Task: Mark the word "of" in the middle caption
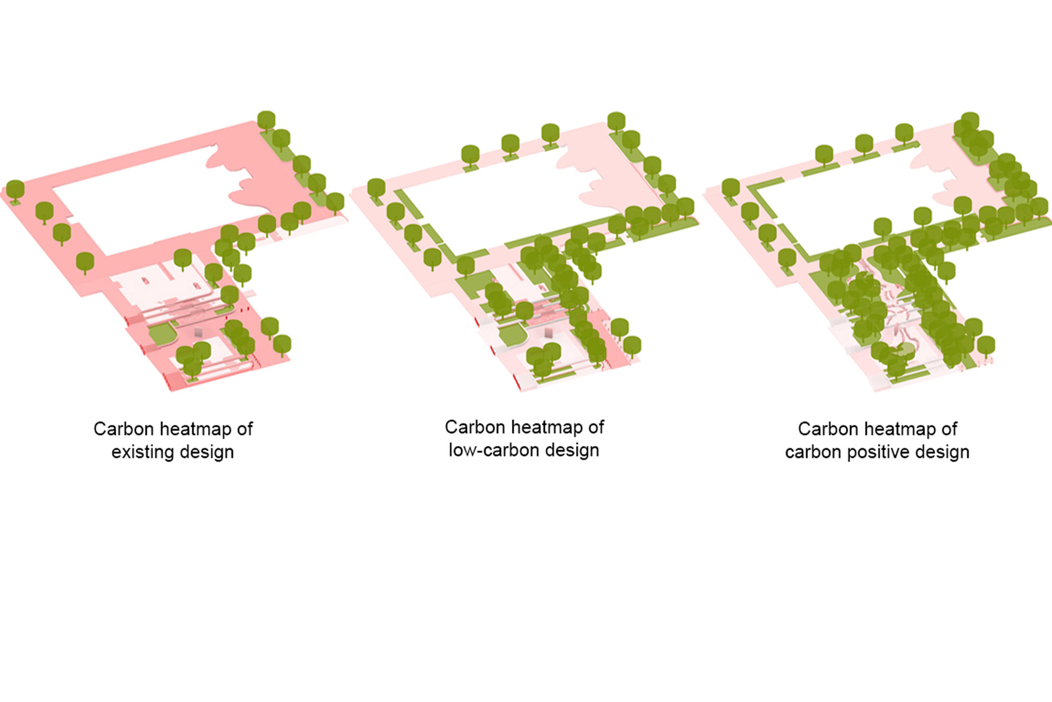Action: [596, 427]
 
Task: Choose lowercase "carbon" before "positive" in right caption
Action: [813, 452]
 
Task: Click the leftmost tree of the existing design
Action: [15, 190]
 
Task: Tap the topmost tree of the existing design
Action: [266, 120]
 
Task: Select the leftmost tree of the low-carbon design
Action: [376, 189]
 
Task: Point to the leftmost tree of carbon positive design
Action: [730, 189]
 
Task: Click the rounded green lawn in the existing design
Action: [160, 334]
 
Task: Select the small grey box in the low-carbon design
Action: [548, 332]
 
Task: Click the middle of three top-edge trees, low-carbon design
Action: [510, 145]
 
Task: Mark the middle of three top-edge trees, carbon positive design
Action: [864, 144]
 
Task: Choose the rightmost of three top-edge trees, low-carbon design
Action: [550, 134]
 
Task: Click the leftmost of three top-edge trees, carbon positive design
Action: [824, 155]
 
